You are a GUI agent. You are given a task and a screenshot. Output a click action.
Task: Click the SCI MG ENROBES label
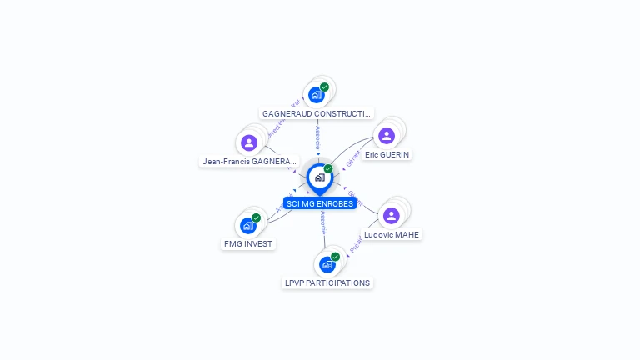tap(320, 203)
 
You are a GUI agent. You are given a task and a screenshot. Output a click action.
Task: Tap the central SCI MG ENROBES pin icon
tap(319, 177)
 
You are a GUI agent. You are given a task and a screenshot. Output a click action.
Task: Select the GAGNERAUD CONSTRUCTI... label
tap(317, 113)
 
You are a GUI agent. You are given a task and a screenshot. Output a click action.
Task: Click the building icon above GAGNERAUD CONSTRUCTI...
tap(316, 94)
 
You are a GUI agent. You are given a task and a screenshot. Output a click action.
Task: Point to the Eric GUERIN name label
tap(387, 155)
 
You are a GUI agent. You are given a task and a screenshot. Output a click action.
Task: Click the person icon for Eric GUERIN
tap(387, 136)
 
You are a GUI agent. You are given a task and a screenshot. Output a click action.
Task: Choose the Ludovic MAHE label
tap(392, 235)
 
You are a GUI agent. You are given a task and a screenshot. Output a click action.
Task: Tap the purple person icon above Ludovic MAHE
tap(391, 216)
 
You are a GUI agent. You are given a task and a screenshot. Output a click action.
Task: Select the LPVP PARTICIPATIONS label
tap(327, 283)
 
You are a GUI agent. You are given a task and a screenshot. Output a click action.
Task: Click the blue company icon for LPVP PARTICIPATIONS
tap(327, 264)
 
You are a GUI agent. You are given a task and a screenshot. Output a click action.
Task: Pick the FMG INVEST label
tap(248, 244)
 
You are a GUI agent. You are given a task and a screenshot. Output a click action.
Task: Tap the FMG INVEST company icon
tap(247, 225)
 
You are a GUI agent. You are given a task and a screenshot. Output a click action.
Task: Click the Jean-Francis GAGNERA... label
tap(249, 162)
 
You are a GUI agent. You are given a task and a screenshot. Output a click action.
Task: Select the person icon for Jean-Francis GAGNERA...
tap(248, 142)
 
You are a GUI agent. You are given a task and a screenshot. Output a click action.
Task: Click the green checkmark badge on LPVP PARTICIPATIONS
tap(335, 257)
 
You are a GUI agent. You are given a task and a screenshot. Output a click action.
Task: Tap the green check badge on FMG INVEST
tap(256, 217)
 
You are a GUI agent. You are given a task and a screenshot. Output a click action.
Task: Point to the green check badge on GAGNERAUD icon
tap(324, 87)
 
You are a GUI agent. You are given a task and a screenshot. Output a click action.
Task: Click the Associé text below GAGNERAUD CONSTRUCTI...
tap(317, 137)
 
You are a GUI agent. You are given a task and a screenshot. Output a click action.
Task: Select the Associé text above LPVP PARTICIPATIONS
tap(322, 222)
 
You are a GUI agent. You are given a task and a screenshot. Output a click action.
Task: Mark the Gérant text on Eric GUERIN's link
tap(352, 158)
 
